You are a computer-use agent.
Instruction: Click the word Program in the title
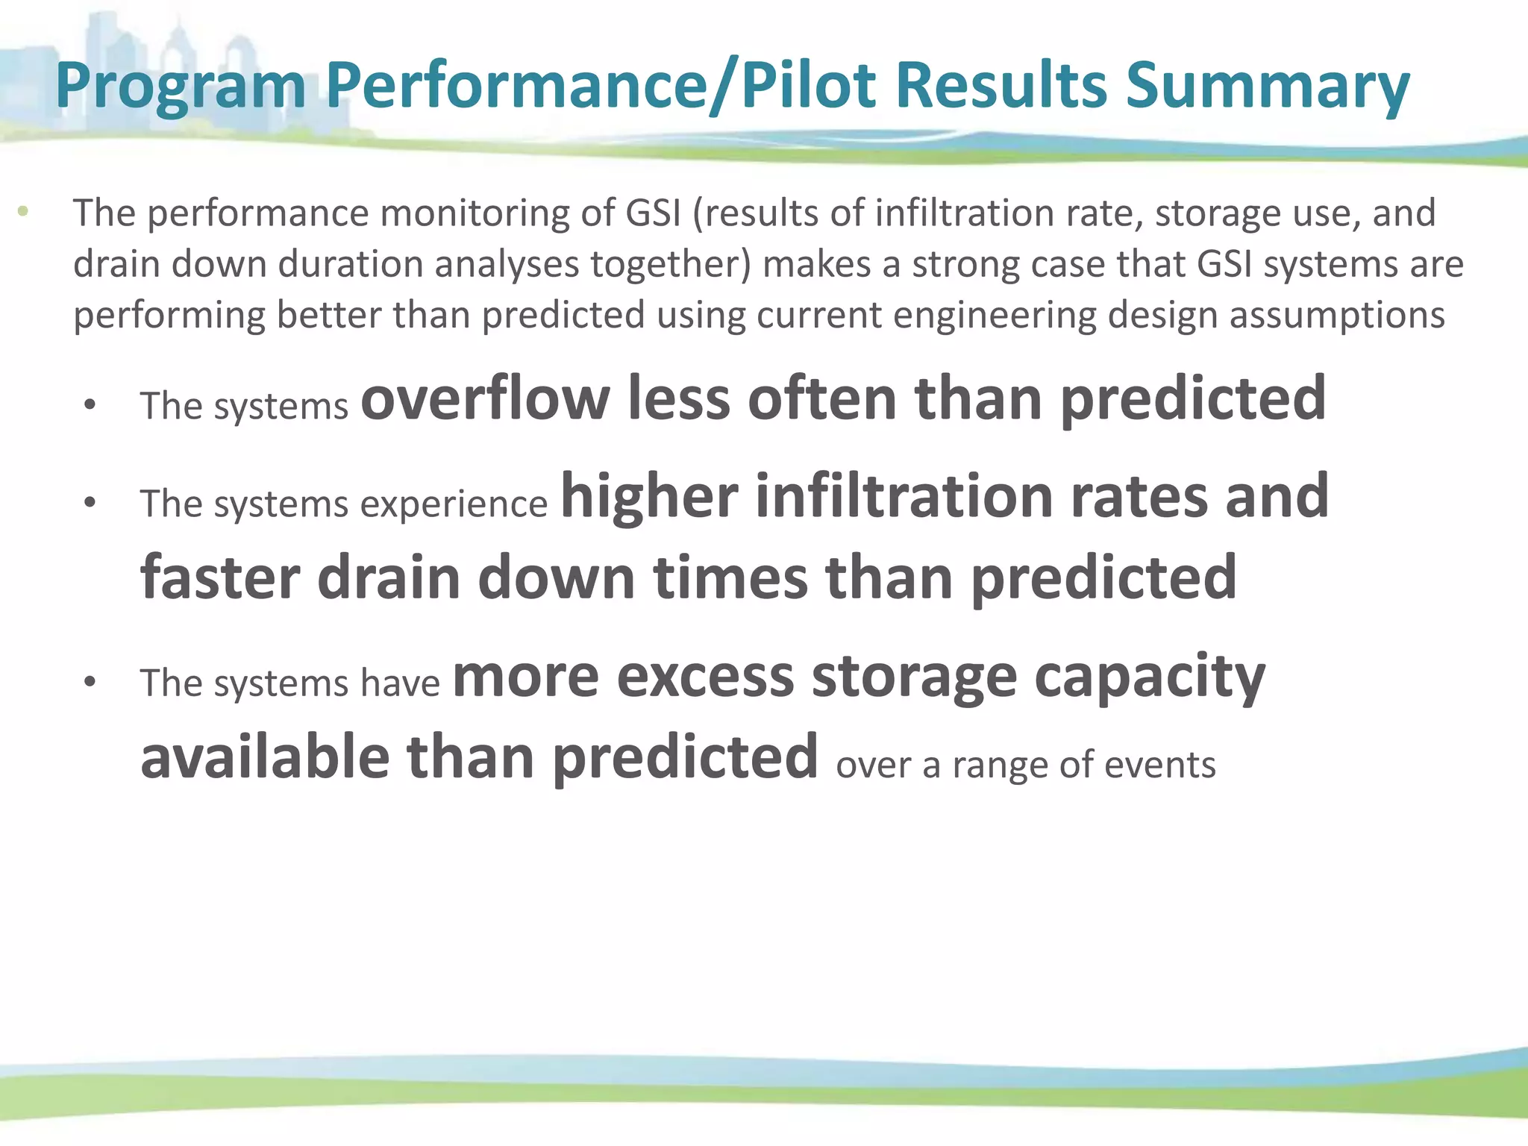[x=181, y=88]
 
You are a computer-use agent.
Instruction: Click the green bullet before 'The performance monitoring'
[x=23, y=211]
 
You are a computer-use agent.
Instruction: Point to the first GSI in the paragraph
[x=654, y=213]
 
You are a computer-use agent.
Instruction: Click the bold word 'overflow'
[x=485, y=399]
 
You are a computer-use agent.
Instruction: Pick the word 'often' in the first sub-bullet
[x=822, y=399]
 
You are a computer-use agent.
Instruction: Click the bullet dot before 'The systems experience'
[x=90, y=502]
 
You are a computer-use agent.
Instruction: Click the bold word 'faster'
[x=220, y=577]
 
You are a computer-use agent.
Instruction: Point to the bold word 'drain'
[x=389, y=577]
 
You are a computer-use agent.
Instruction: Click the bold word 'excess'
[x=705, y=676]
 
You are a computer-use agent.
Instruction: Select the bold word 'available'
[x=265, y=757]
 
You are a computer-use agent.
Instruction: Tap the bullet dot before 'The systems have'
[x=90, y=682]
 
